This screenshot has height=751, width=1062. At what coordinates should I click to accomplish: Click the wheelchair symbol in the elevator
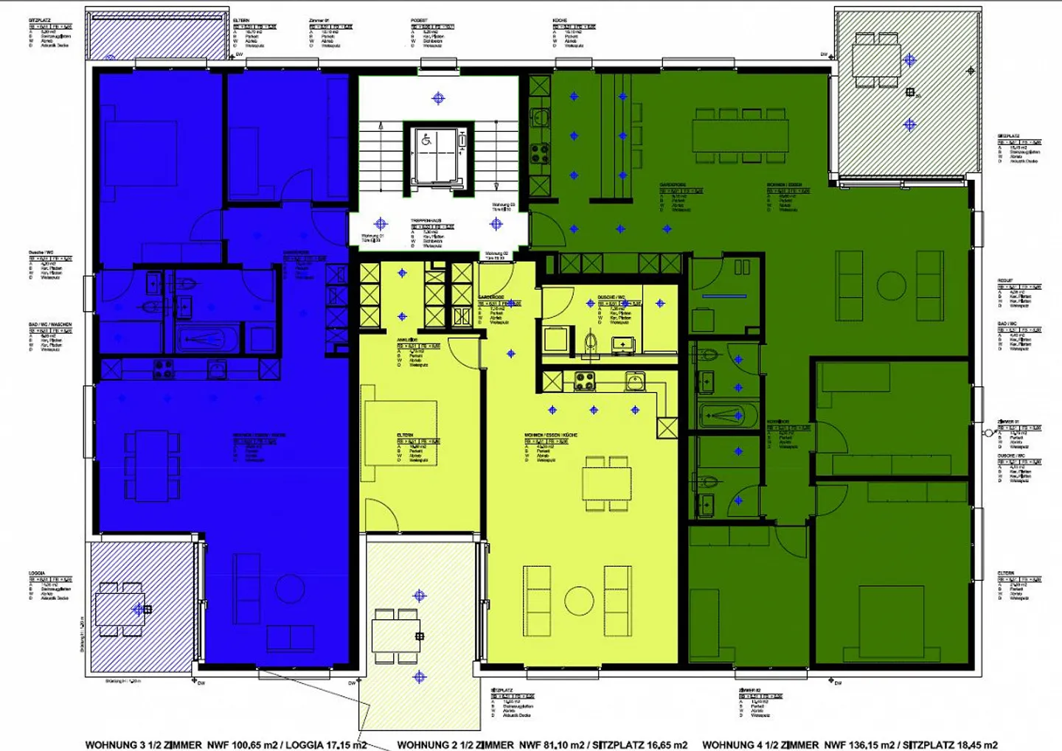coord(426,139)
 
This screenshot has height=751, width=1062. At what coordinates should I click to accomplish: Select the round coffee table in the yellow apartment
coord(579,601)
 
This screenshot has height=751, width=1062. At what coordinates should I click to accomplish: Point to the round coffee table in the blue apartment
coord(289,589)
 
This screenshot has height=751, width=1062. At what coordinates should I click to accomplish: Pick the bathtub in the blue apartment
coord(207,340)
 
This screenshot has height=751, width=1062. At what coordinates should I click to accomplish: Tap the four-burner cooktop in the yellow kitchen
coord(585,381)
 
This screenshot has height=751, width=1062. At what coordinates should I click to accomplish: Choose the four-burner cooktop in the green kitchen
coord(539,153)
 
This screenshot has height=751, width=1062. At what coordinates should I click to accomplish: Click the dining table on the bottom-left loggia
coord(121,609)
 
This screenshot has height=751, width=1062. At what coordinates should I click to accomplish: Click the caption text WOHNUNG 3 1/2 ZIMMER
coord(143,744)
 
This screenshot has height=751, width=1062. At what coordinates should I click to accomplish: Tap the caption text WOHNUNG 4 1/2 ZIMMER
coord(760,744)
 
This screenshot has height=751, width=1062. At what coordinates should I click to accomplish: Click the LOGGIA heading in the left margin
coord(37,573)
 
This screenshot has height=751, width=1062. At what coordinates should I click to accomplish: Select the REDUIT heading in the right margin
coord(1005,281)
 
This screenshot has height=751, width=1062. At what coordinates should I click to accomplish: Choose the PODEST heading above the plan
coord(419,21)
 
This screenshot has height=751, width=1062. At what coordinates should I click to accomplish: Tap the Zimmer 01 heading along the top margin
coord(319,21)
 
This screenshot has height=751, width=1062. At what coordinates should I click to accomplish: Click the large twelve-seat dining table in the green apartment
coord(740,136)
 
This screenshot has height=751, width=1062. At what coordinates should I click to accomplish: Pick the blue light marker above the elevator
coord(439,98)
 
